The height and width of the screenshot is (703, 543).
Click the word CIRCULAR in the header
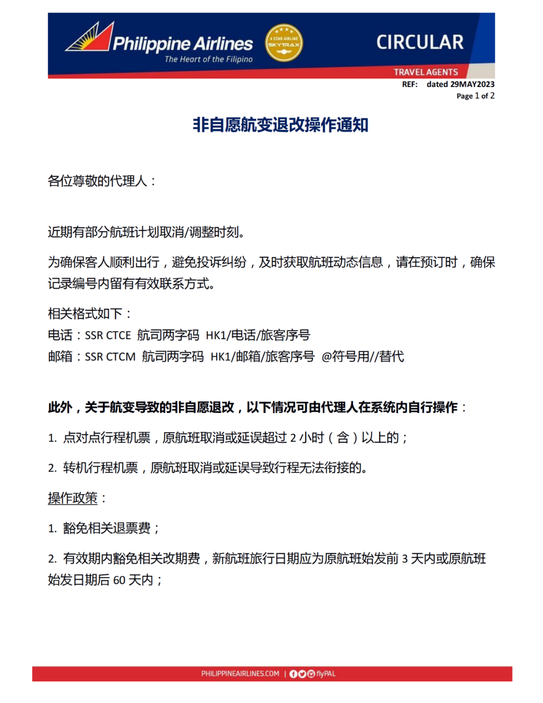tap(420, 42)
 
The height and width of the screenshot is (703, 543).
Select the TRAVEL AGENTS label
tap(426, 72)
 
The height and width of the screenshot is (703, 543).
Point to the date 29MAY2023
tap(472, 84)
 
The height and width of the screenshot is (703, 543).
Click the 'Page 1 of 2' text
tap(475, 96)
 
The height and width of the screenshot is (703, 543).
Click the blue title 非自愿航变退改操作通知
tap(281, 125)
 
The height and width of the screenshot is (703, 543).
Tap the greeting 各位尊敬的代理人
tap(98, 181)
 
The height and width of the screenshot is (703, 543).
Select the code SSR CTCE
tap(108, 336)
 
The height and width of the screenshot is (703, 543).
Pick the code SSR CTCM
tap(110, 357)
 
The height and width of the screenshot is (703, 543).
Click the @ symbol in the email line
tap(326, 357)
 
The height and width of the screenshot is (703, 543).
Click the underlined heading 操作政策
tap(73, 498)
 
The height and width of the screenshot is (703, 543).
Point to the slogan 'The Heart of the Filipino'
tap(209, 59)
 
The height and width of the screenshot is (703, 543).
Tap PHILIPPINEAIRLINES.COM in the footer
tap(240, 674)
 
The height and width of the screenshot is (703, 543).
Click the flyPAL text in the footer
tap(326, 674)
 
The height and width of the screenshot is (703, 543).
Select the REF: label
tap(410, 84)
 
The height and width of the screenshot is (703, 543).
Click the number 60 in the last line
tap(119, 580)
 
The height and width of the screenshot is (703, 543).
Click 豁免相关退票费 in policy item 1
tap(107, 528)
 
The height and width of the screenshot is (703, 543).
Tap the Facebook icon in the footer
tap(294, 674)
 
